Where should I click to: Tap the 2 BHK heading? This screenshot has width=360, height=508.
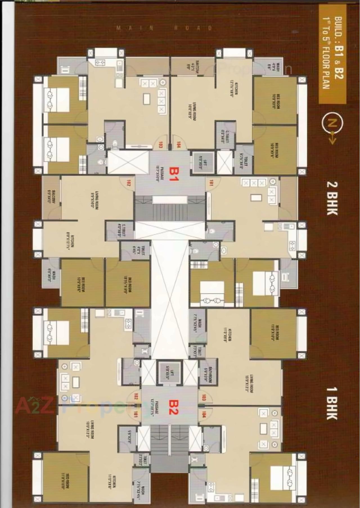coord(332,198)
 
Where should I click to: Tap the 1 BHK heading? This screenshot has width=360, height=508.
coord(332,403)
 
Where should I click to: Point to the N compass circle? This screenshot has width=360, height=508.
coord(332,123)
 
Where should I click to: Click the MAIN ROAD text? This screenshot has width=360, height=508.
coord(165,28)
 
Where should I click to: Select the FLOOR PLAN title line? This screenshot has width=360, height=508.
coord(326,53)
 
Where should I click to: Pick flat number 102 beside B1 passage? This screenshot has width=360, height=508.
coord(129,184)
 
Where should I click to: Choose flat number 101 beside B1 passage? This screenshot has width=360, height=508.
coord(211,184)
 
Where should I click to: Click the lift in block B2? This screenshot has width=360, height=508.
coord(168,372)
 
